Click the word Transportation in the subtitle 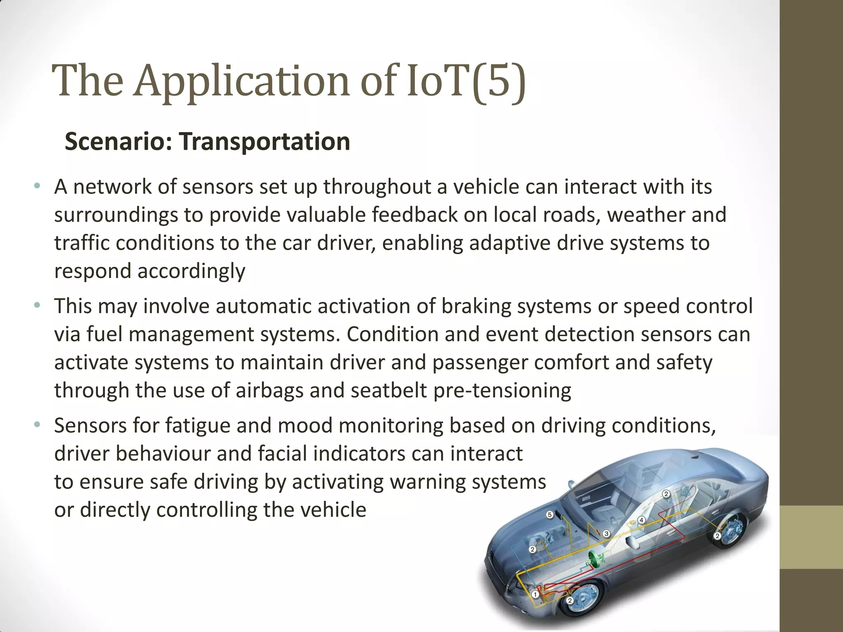(x=264, y=142)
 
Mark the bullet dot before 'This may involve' (x=37, y=305)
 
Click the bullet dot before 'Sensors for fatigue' (x=37, y=425)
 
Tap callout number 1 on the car (x=535, y=594)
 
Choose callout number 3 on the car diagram (x=606, y=534)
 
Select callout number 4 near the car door (x=641, y=520)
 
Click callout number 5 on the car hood (x=549, y=515)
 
